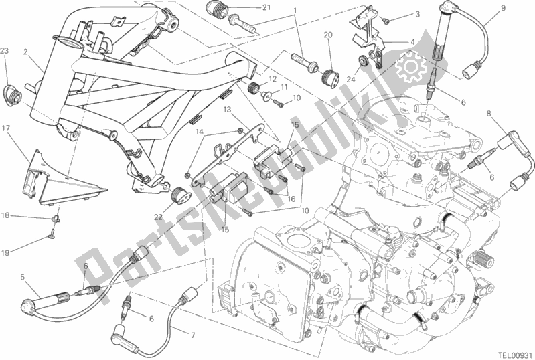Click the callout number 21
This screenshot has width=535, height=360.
pyautogui.click(x=266, y=7)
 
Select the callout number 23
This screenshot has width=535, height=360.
pyautogui.click(x=4, y=51)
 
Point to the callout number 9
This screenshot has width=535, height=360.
pyautogui.click(x=503, y=8)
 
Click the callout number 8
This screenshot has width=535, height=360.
pyautogui.click(x=489, y=112)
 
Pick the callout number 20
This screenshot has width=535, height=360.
pyautogui.click(x=328, y=35)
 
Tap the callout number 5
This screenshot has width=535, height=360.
pyautogui.click(x=23, y=277)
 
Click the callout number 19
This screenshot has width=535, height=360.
pyautogui.click(x=5, y=253)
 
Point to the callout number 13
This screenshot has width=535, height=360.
pyautogui.click(x=228, y=110)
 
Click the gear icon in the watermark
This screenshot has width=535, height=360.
pyautogui.click(x=411, y=67)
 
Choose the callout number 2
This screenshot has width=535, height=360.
pyautogui.click(x=25, y=52)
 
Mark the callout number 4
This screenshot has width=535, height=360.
pyautogui.click(x=412, y=42)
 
